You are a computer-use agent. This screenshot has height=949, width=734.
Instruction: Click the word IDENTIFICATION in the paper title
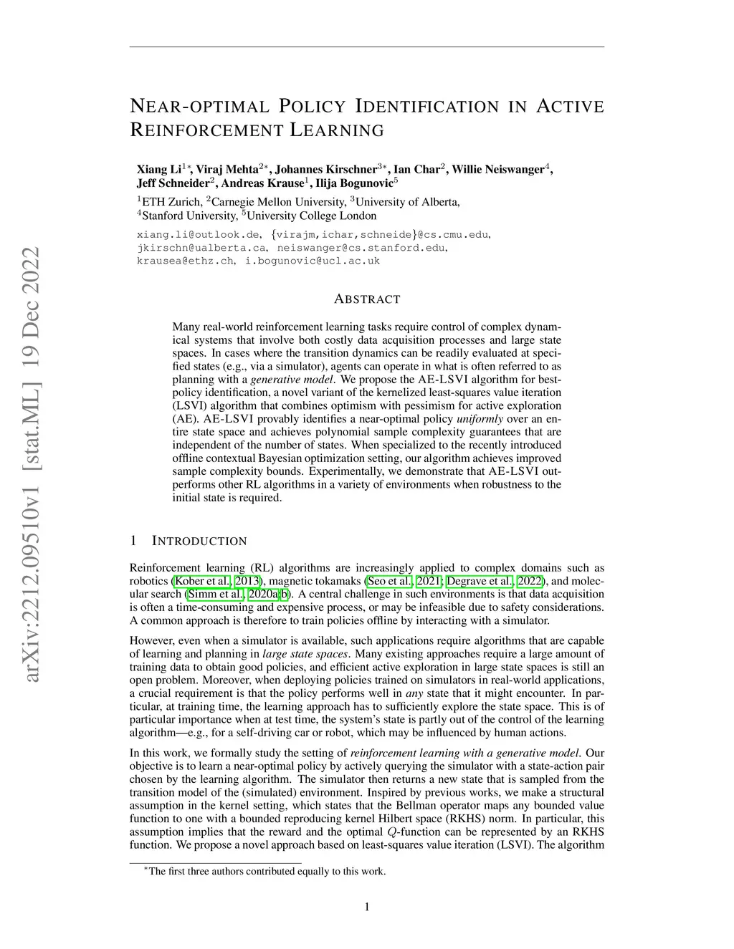(x=426, y=107)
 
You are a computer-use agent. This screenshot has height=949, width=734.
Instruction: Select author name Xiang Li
(x=158, y=170)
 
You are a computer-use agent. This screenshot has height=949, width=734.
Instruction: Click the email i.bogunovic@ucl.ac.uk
(x=313, y=261)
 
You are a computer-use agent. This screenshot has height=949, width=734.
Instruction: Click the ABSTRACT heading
(x=367, y=299)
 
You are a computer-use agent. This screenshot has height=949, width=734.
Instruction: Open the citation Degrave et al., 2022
(x=495, y=581)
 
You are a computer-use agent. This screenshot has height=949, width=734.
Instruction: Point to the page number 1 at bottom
(x=367, y=907)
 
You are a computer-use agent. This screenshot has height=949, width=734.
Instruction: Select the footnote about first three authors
(x=265, y=872)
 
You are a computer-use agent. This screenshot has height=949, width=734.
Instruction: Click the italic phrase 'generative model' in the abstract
(x=292, y=380)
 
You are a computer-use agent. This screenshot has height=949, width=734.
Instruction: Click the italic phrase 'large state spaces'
(x=306, y=654)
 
